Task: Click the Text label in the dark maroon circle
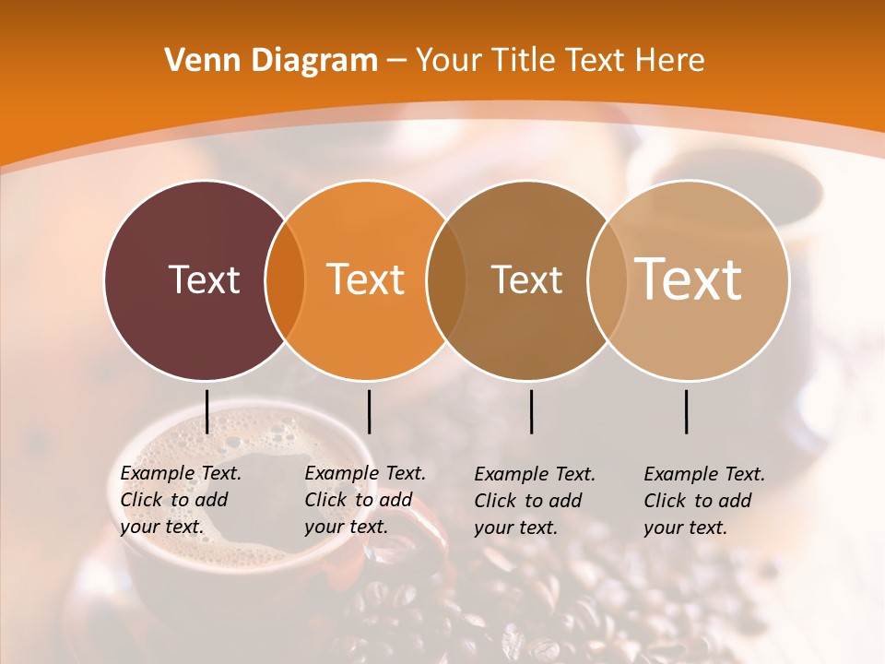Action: pos(204,279)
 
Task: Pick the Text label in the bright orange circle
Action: pos(366,279)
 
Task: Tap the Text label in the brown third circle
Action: pos(526,279)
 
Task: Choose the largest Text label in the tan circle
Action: pos(688,279)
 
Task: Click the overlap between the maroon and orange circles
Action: pos(285,279)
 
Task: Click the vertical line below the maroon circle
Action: pos(206,411)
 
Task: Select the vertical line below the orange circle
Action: pos(369,411)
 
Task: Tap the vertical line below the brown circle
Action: pos(531,411)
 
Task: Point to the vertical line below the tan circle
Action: pos(687,411)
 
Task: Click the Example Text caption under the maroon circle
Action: pos(181,500)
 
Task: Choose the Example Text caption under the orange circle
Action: pos(365,500)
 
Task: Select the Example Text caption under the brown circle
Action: pos(535,501)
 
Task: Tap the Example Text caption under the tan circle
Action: pos(704,501)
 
